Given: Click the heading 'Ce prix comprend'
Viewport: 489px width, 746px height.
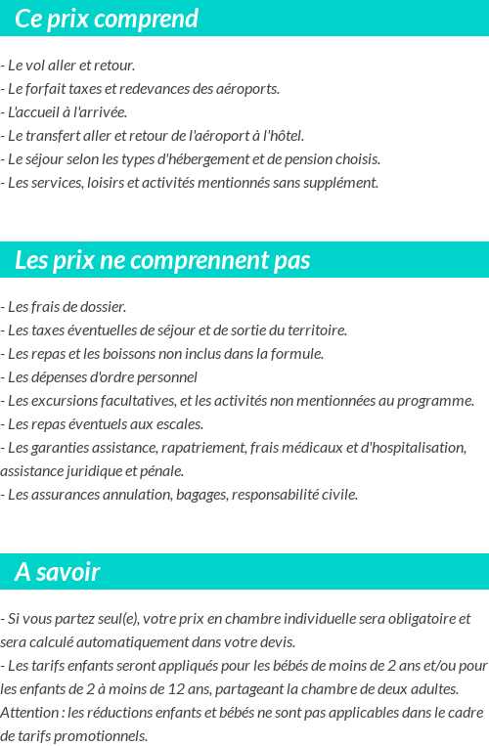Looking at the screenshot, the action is (x=107, y=19).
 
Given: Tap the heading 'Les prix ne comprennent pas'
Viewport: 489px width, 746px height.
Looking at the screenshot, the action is (x=162, y=261).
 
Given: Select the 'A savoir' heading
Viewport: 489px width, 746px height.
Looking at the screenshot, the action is (x=58, y=572).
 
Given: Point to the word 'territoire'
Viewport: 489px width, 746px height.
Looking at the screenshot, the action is (x=315, y=330).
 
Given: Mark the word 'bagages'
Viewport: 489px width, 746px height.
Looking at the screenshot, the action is (x=201, y=495).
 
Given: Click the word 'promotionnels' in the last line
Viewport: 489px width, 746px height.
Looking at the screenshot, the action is (x=103, y=736).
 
